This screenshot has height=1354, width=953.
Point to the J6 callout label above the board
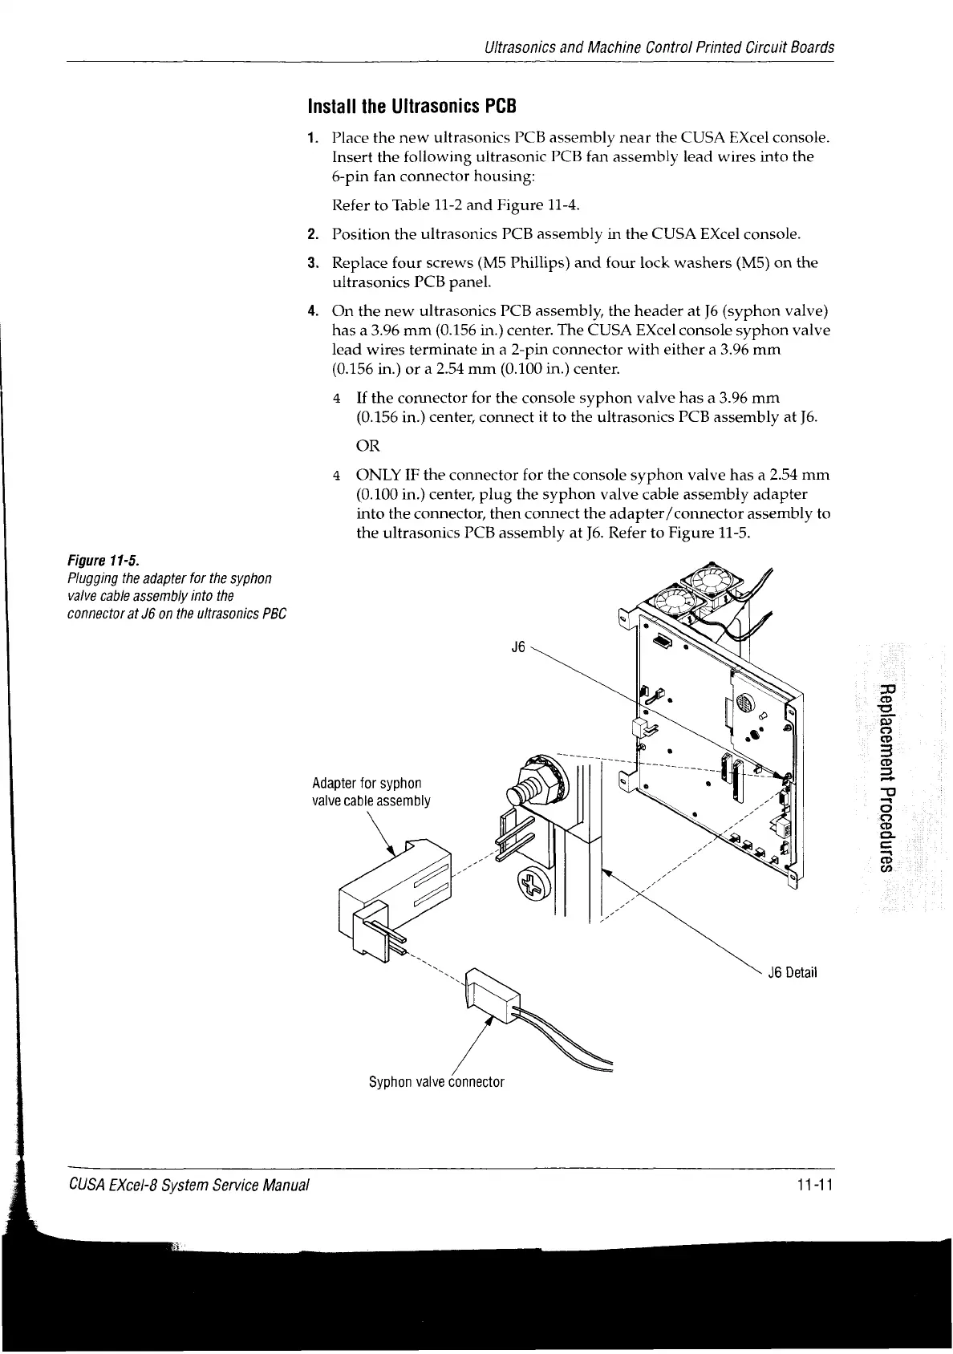point(518,647)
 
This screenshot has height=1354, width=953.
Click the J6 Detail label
point(791,974)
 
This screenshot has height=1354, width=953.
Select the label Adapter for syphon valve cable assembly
point(371,792)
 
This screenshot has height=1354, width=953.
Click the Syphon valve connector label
point(436,1082)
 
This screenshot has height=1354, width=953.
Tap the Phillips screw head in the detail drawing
point(533,886)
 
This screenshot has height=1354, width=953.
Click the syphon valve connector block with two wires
point(490,997)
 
